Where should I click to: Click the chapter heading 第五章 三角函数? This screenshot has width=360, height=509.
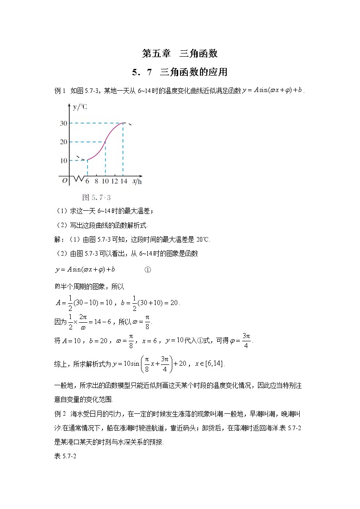180,53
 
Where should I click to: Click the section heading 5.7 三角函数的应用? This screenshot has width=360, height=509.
180,72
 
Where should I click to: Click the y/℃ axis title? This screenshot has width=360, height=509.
80,107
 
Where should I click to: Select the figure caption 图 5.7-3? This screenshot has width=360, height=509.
97,197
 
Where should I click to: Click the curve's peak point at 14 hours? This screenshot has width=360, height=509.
123,123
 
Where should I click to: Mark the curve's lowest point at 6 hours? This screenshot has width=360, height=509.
87,160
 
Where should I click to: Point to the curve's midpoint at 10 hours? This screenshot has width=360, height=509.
105,142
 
